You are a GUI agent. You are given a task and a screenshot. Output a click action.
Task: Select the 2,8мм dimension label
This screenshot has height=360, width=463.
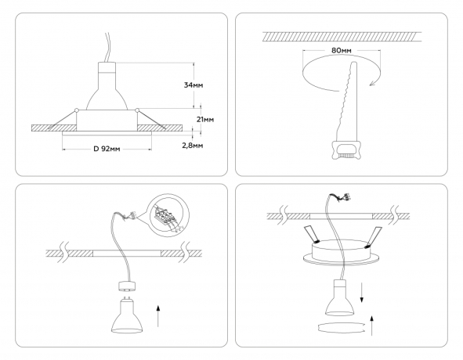pos(194,146)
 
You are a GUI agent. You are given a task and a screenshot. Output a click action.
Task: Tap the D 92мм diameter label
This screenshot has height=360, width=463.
pos(107,149)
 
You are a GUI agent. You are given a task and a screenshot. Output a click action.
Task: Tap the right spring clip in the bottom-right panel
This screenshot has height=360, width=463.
pos(376,234)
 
